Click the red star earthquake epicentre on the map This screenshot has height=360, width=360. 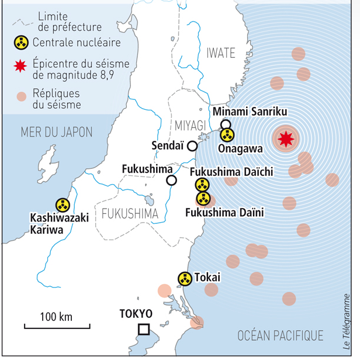click(286, 139)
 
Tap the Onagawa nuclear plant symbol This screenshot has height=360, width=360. click(227, 136)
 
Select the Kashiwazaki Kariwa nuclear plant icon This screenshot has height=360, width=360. click(62, 205)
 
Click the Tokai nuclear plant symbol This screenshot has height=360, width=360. click(185, 279)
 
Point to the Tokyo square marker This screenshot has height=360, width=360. click(143, 330)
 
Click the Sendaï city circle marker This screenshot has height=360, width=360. click(192, 146)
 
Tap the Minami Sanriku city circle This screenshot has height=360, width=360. click(226, 124)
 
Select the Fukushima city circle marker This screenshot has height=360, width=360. click(171, 180)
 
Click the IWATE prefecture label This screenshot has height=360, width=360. click(220, 54)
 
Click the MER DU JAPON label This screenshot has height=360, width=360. click(56, 132)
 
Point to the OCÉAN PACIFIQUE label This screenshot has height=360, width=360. click(281, 335)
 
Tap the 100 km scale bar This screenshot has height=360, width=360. click(57, 325)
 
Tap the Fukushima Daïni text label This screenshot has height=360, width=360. click(224, 212)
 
